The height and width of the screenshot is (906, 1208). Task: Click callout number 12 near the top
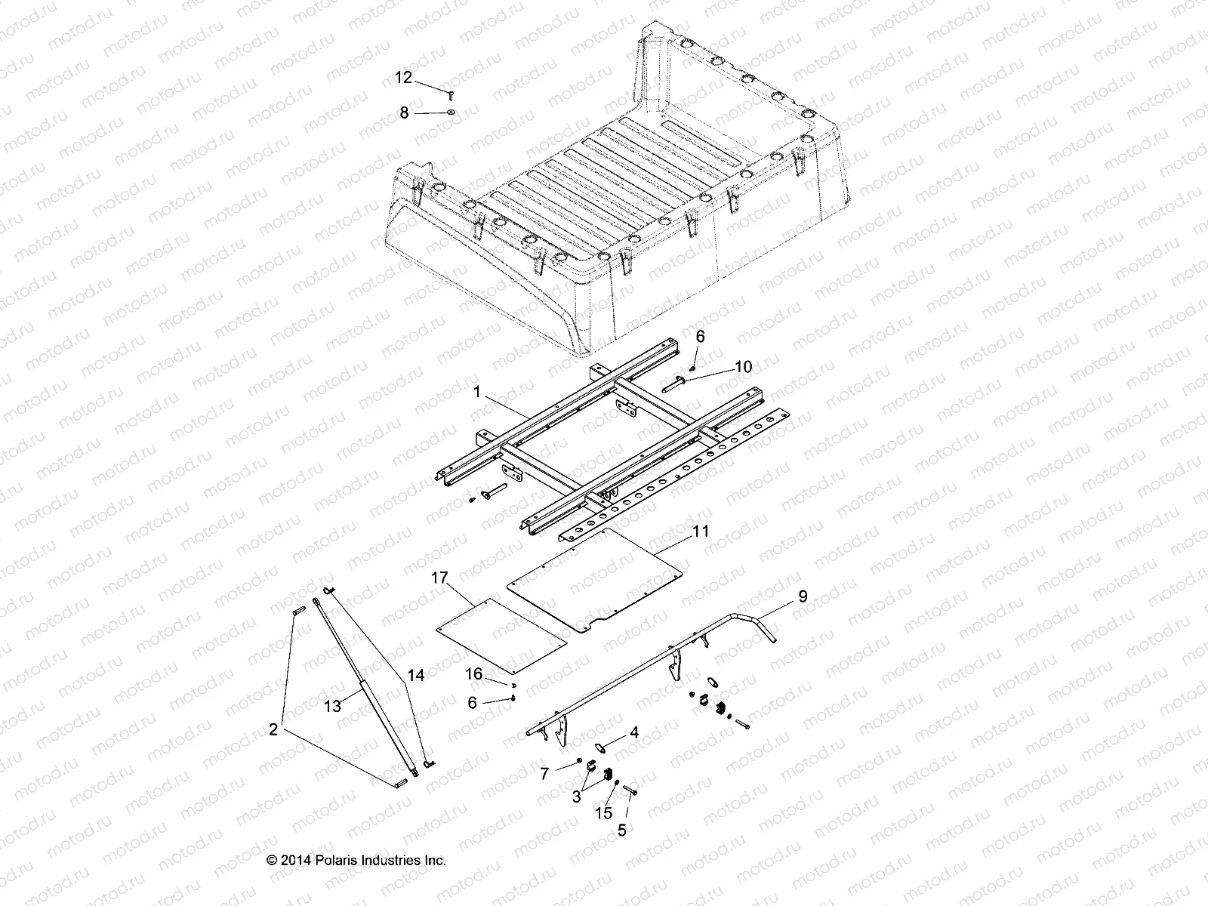click(x=404, y=77)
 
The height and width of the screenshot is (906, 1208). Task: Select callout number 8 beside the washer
click(x=404, y=112)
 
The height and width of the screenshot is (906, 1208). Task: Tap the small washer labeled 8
click(x=450, y=112)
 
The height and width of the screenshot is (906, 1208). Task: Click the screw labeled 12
click(x=450, y=95)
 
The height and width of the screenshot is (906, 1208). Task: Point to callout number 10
click(x=743, y=367)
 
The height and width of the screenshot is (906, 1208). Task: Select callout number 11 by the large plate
click(x=701, y=532)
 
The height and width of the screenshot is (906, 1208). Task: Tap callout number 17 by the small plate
click(x=461, y=578)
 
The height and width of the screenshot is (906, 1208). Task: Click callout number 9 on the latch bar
click(x=803, y=596)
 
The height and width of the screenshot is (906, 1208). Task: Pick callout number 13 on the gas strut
click(x=333, y=706)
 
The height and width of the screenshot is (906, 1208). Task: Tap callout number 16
click(x=473, y=673)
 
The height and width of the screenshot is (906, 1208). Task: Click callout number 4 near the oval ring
click(x=634, y=732)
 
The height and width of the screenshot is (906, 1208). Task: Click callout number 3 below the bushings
click(x=577, y=796)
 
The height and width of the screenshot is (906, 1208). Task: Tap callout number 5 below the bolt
click(x=622, y=830)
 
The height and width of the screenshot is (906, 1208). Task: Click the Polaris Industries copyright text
click(x=357, y=860)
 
